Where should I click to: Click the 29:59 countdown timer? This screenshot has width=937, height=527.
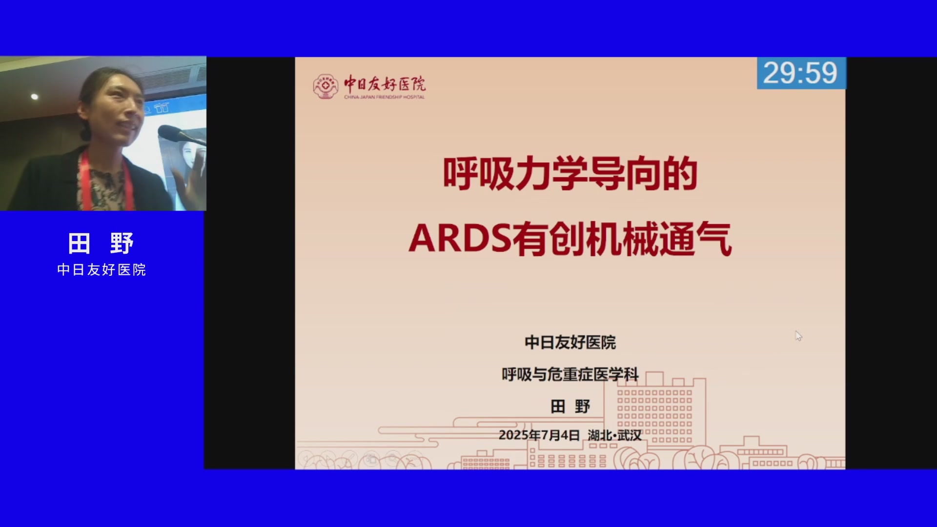(801, 73)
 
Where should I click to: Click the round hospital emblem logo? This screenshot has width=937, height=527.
(326, 86)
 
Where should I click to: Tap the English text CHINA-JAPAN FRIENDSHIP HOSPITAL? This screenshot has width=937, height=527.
(384, 97)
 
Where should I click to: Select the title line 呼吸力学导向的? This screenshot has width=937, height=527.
(570, 173)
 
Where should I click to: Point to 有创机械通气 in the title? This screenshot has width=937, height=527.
(622, 239)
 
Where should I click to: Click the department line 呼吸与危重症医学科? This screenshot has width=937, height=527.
(570, 374)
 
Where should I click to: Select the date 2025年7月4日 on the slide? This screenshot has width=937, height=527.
(539, 435)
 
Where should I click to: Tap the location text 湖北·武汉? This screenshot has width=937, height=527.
(614, 435)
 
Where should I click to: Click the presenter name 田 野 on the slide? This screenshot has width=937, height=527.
(570, 406)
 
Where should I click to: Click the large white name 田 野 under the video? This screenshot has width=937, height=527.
(101, 243)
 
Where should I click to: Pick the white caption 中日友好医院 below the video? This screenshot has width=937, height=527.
(102, 270)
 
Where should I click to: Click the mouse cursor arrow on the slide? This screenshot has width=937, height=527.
(798, 336)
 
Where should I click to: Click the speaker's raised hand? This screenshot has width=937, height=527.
(190, 181)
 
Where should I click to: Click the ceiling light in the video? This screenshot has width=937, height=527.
(35, 97)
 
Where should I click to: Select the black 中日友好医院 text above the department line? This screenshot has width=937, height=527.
(570, 343)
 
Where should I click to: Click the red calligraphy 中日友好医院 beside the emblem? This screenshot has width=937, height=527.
(385, 83)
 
